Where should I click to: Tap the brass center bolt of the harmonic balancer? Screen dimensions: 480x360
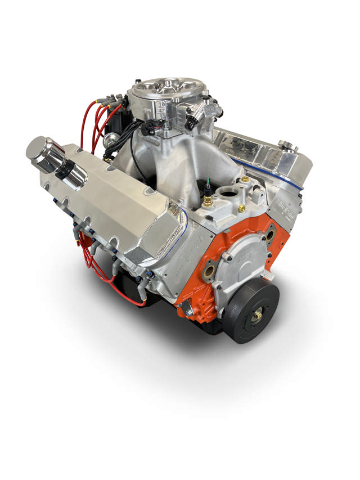[x=256, y=316]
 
